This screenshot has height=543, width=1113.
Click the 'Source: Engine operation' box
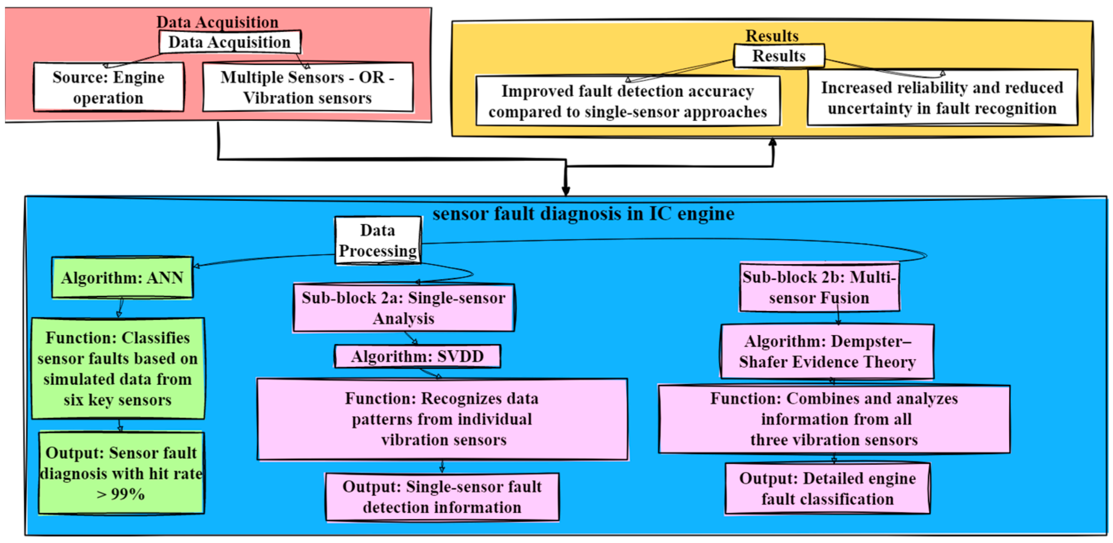point(109,87)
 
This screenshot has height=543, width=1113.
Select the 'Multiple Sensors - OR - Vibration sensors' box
point(308,87)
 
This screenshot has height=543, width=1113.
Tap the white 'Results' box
point(778,56)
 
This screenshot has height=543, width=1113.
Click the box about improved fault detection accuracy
point(628,101)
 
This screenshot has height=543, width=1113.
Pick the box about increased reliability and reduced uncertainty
point(942,98)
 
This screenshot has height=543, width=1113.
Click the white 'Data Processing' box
point(378,240)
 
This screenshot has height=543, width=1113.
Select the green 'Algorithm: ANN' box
point(122,278)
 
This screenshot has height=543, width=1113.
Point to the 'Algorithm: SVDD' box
point(417,357)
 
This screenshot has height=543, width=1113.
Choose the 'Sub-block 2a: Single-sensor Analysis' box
point(403,308)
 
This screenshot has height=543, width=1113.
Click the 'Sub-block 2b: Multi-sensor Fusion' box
point(819,287)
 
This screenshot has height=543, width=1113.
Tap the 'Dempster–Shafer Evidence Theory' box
point(827,352)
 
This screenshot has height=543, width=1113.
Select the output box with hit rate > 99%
point(121,473)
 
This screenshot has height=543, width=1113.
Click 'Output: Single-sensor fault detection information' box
point(442,497)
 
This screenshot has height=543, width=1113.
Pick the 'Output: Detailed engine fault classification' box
point(827,488)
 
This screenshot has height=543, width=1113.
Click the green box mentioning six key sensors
point(118,369)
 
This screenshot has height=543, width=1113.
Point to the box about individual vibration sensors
point(442,419)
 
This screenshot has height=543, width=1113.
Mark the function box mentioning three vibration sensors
point(834,419)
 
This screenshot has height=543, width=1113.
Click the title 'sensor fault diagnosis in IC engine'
point(583,213)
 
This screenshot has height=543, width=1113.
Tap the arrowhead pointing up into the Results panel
point(773,143)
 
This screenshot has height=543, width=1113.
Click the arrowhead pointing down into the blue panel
point(566,191)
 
